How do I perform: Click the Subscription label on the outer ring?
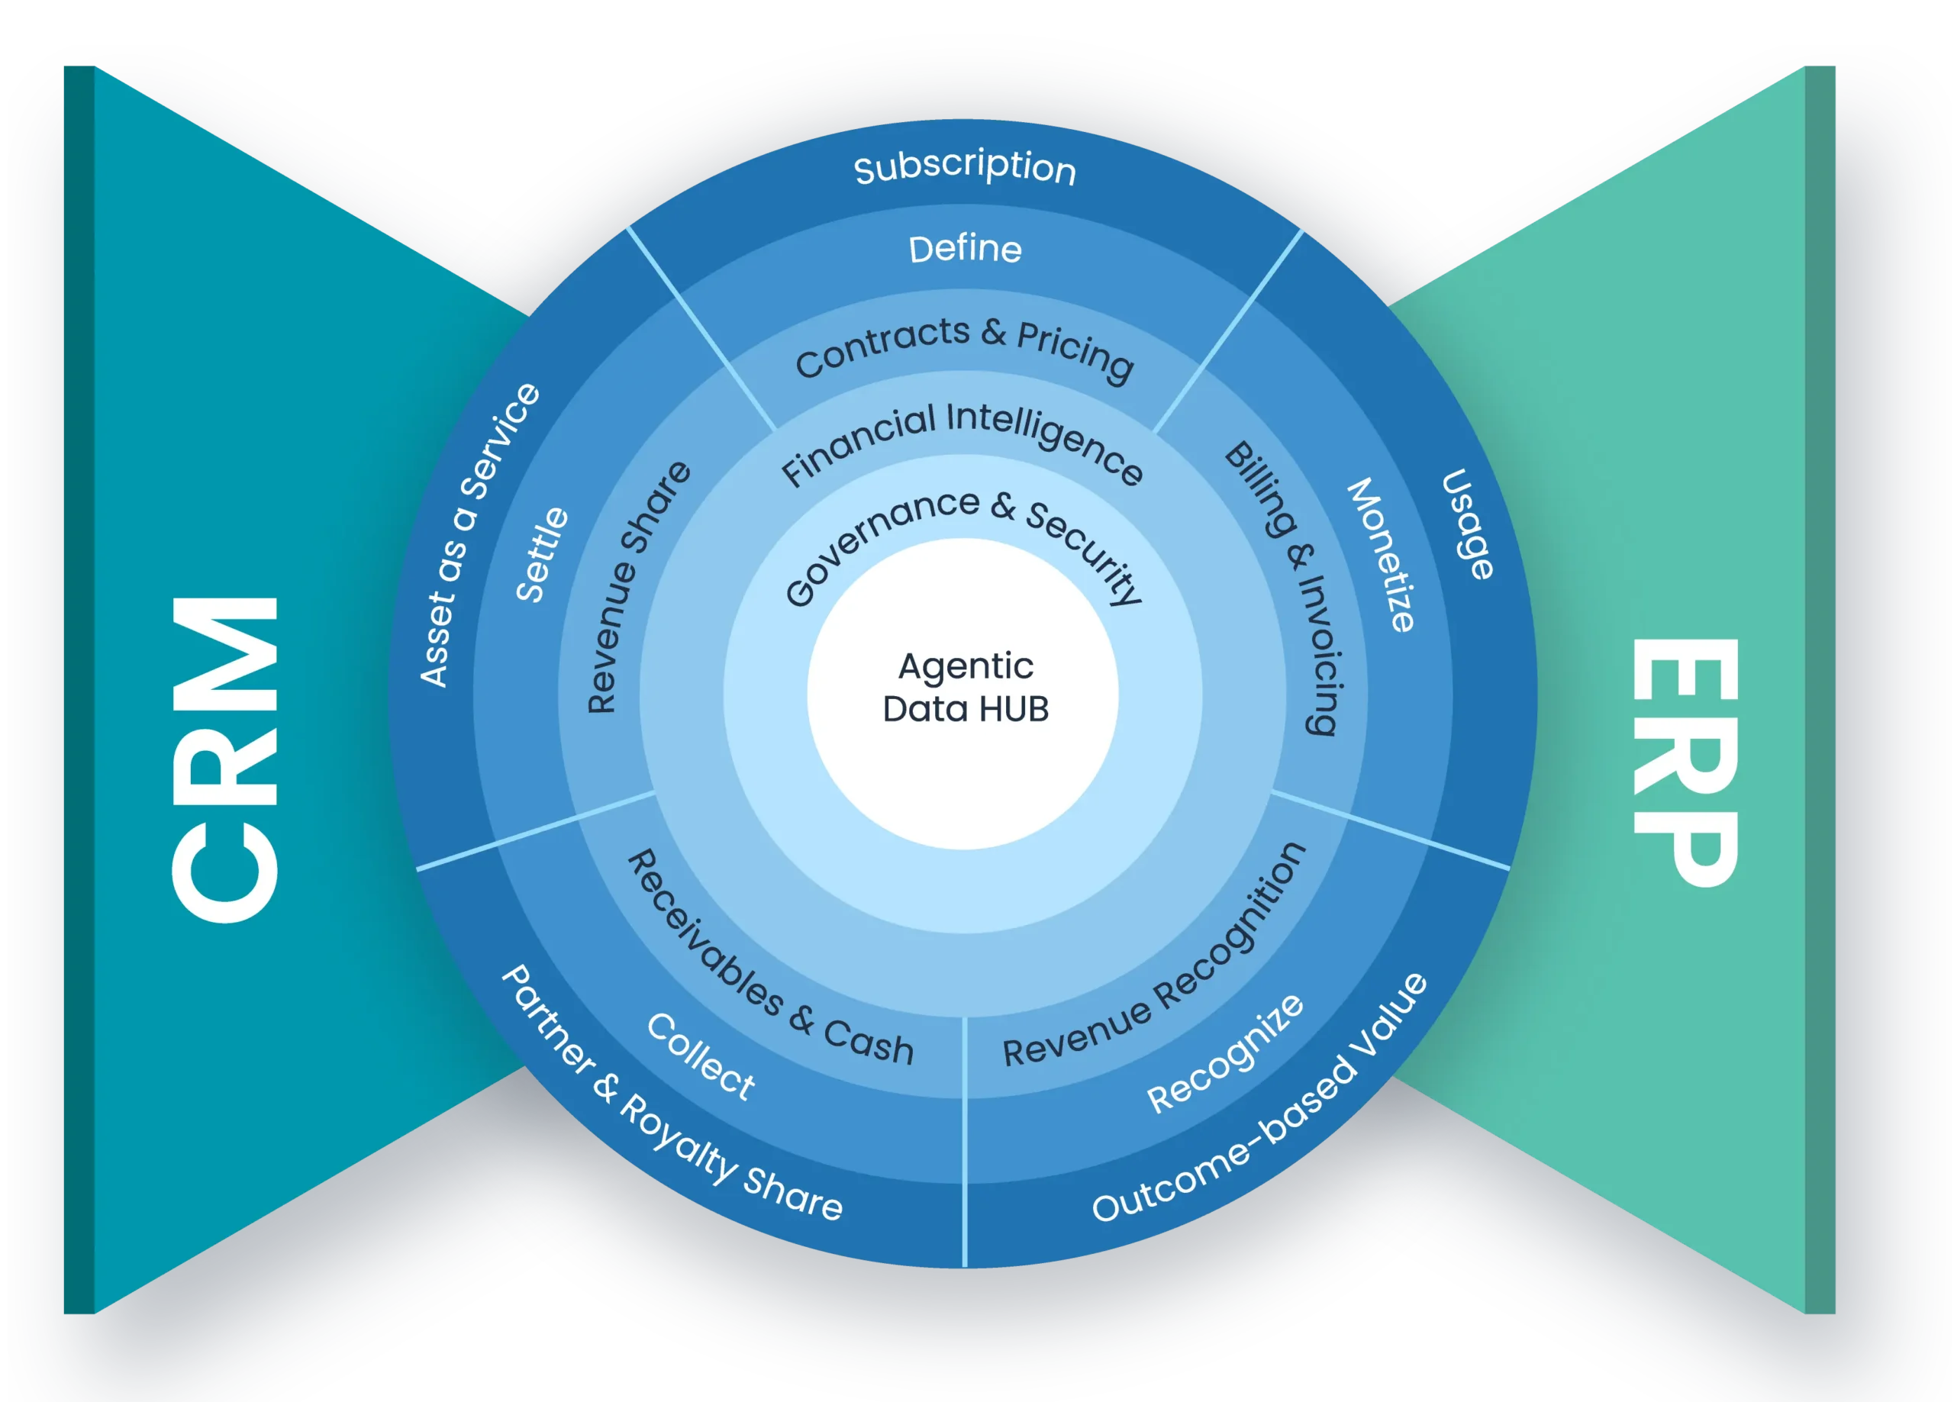965,168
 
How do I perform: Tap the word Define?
965,249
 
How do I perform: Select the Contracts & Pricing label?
964,348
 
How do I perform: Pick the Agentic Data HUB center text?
965,688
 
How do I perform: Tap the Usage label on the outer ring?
1468,523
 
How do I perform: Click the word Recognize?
1226,1052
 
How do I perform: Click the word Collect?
701,1056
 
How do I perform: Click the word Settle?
542,555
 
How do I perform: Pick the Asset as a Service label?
477,534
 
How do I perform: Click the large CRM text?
226,759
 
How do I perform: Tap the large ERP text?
1685,762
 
